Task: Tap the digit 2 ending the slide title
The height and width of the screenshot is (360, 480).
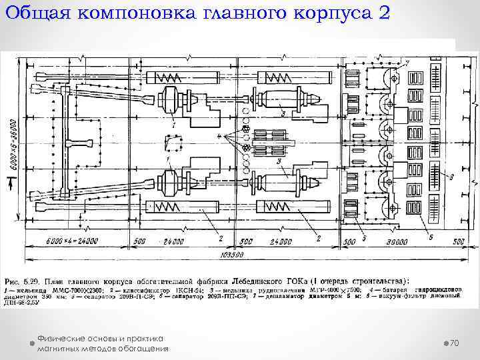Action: [380, 14]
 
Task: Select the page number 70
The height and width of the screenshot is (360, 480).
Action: [455, 343]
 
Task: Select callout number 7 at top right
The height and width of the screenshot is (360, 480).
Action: [407, 62]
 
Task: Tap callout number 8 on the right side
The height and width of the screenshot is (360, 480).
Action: [452, 177]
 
